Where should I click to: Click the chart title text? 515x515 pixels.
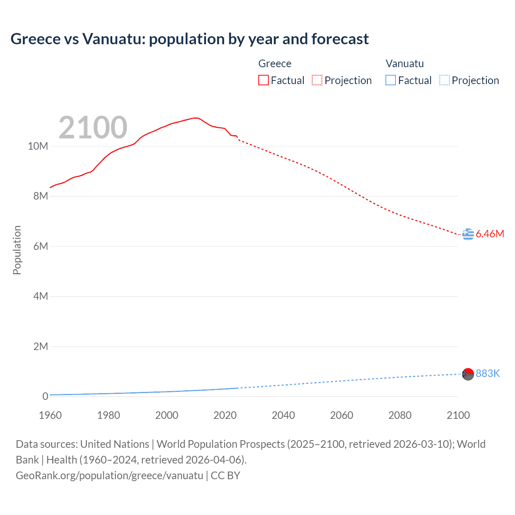pyautogui.click(x=190, y=39)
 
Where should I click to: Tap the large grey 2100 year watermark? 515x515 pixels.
pyautogui.click(x=93, y=128)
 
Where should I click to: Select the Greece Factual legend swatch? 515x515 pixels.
pyautogui.click(x=263, y=80)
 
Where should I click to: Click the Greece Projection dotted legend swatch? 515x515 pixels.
pyautogui.click(x=317, y=80)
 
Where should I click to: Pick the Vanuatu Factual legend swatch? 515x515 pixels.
pyautogui.click(x=390, y=80)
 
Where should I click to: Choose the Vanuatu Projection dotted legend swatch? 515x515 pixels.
pyautogui.click(x=444, y=80)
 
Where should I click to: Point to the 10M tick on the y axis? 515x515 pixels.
pyautogui.click(x=38, y=146)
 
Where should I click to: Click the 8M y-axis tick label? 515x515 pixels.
pyautogui.click(x=40, y=196)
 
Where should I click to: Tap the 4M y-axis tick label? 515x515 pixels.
pyautogui.click(x=40, y=297)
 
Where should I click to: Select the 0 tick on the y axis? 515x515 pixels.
pyautogui.click(x=45, y=396)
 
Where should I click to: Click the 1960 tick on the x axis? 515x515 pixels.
pyautogui.click(x=50, y=415)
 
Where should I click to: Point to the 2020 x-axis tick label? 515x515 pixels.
pyautogui.click(x=225, y=415)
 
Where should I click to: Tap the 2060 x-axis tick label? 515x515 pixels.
pyautogui.click(x=342, y=415)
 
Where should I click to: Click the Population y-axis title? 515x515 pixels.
pyautogui.click(x=17, y=250)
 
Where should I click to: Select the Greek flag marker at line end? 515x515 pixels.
pyautogui.click(x=468, y=234)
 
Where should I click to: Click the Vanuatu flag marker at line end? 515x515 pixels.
pyautogui.click(x=468, y=374)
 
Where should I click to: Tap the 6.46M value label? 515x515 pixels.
pyautogui.click(x=490, y=234)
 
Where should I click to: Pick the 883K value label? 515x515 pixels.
pyautogui.click(x=488, y=374)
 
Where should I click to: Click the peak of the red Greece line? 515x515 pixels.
pyautogui.click(x=196, y=118)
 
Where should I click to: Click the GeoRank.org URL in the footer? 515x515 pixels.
pyautogui.click(x=109, y=476)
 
